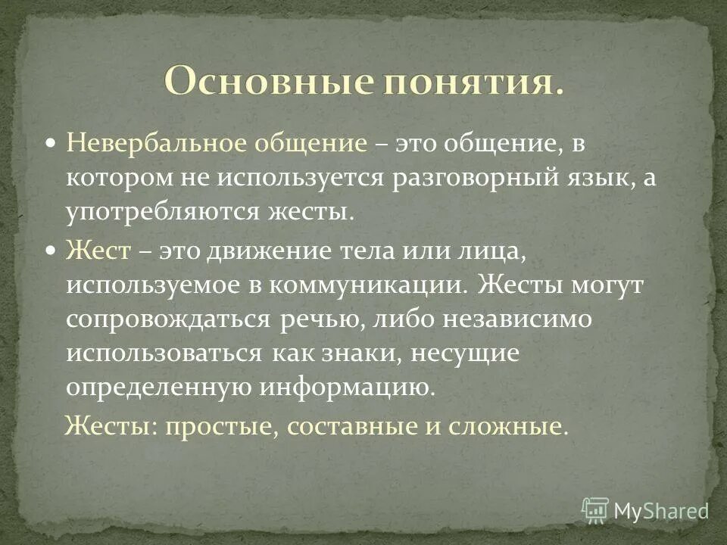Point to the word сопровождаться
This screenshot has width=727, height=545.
pyautogui.click(x=167, y=319)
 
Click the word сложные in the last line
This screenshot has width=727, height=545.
pyautogui.click(x=519, y=426)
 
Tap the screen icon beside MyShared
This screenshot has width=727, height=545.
pyautogui.click(x=595, y=510)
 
